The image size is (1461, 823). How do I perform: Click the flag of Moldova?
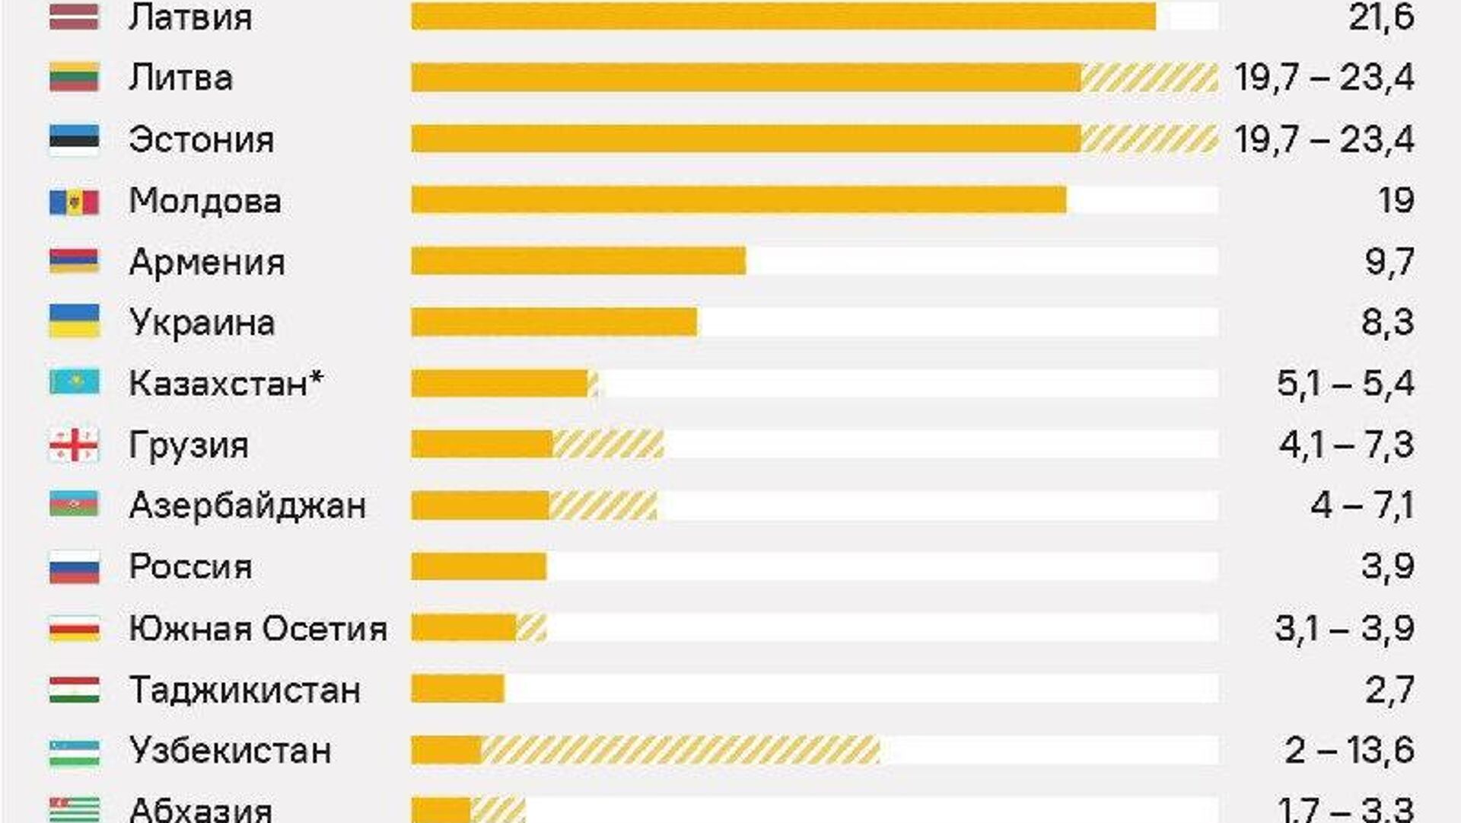pos(74,202)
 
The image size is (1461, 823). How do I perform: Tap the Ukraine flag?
pos(74,321)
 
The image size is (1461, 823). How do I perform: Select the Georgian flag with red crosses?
pos(74,445)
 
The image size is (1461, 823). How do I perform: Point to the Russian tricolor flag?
pos(74,567)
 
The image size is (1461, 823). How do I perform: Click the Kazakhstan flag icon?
pos(74,382)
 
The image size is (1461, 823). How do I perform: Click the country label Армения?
pos(207,263)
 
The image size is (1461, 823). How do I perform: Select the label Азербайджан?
pos(247,506)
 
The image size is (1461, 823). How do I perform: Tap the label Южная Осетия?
pos(258,629)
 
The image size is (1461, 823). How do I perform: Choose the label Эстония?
pos(202,140)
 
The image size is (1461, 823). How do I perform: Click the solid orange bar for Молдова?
pos(738,200)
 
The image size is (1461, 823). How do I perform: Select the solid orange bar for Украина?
pos(554,322)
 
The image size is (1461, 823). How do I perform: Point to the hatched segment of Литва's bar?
pos(1149,78)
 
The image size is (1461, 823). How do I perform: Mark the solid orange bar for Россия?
pos(479,567)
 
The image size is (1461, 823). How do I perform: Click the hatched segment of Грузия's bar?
pos(607,445)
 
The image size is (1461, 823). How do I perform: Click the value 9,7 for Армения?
pos(1389,262)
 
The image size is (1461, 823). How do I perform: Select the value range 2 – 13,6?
pos(1349,751)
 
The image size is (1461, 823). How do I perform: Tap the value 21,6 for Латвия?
pos(1381,17)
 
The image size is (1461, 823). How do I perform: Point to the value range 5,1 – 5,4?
pos(1345,383)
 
